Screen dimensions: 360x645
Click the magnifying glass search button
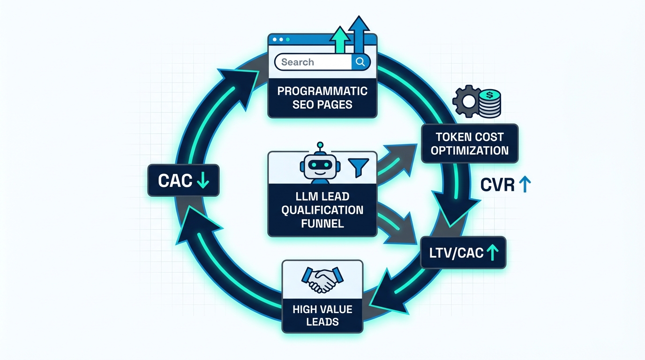(x=360, y=62)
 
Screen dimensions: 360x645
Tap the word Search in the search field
(x=298, y=62)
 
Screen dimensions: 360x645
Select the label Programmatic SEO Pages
(x=322, y=97)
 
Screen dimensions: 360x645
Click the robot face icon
(x=319, y=167)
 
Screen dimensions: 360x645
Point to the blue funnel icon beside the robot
(x=359, y=167)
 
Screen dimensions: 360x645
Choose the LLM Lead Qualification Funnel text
(x=322, y=210)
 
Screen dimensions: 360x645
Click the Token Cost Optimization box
(x=470, y=143)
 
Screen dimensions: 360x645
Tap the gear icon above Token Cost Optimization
(x=464, y=99)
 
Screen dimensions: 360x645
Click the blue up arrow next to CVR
(x=525, y=185)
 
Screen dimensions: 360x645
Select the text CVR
(x=498, y=185)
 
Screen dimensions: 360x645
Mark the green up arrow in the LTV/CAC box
(x=492, y=253)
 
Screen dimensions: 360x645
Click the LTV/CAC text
(x=456, y=253)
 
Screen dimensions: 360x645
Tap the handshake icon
(x=322, y=280)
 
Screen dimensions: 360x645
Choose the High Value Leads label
(x=322, y=315)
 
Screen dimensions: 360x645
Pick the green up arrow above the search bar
(x=340, y=40)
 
